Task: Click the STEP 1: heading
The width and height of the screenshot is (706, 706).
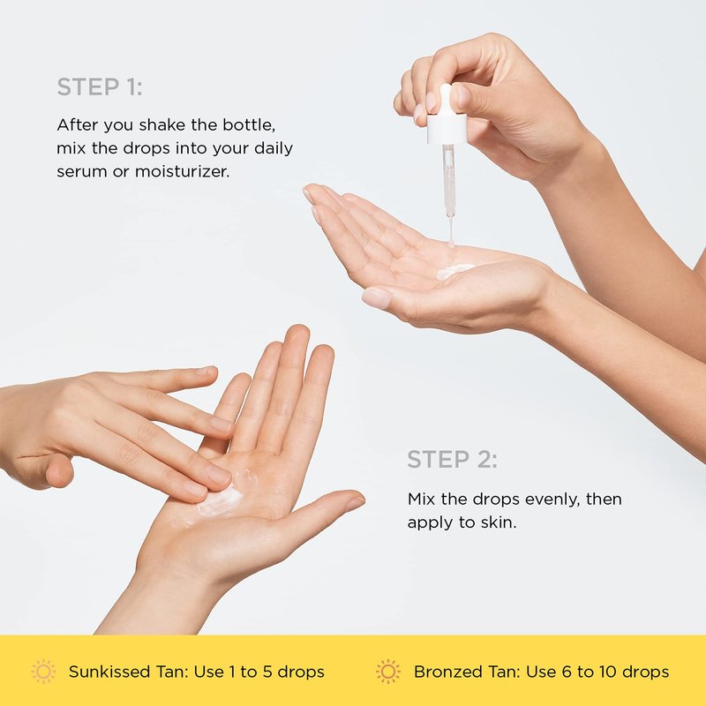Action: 100,86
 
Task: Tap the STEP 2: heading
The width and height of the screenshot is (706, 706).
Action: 452,460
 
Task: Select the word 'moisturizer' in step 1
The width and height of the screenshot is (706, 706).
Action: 182,171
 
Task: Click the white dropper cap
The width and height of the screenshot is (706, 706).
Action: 447,130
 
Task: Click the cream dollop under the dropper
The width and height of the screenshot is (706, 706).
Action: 455,271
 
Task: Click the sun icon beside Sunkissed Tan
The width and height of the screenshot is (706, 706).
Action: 43,672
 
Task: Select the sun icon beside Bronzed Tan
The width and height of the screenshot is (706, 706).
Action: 387,672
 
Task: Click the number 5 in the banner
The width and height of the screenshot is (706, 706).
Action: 268,672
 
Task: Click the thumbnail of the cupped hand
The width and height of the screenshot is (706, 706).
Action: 377,297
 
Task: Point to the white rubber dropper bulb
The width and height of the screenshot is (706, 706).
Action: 446,100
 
